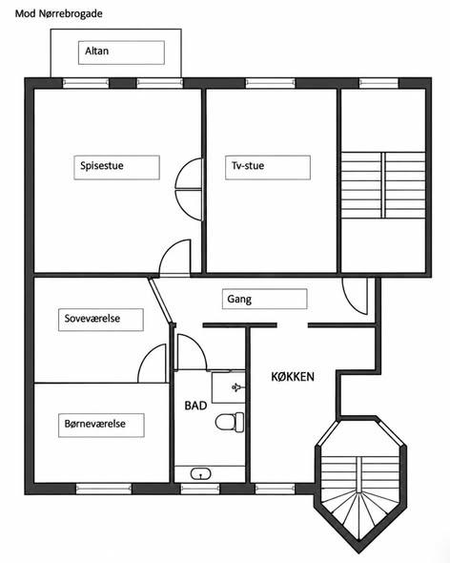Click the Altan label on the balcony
click(96, 51)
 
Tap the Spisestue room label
click(102, 165)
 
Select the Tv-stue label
click(248, 165)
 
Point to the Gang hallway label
click(239, 299)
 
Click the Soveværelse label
click(92, 318)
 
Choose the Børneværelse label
click(95, 424)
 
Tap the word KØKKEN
click(293, 377)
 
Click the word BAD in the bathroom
click(195, 406)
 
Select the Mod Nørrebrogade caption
click(59, 13)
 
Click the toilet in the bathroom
click(230, 422)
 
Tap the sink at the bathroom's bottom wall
click(200, 473)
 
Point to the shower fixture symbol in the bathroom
click(236, 387)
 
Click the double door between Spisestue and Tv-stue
click(189, 189)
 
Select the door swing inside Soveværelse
click(153, 363)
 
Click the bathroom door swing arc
click(192, 351)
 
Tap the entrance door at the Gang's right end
click(355, 296)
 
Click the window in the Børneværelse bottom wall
click(104, 489)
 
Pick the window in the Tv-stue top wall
click(270, 83)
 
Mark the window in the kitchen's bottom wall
click(275, 489)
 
